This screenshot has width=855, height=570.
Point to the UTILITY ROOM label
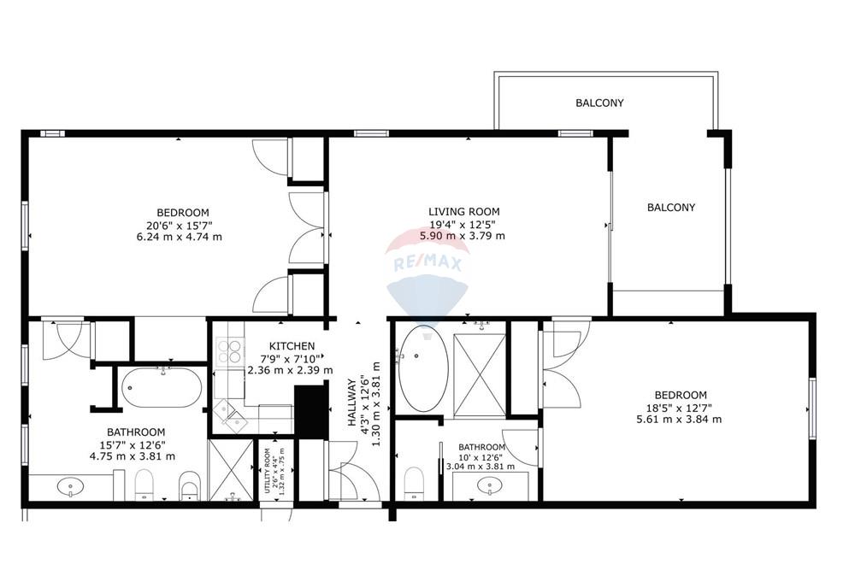(x=267, y=471)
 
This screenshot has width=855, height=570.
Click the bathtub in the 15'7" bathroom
(x=162, y=390)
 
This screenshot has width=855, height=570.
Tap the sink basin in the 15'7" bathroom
(x=70, y=487)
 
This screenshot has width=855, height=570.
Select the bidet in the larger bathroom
(x=189, y=490)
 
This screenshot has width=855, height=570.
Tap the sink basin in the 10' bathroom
(x=490, y=486)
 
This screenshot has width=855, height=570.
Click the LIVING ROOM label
(x=463, y=212)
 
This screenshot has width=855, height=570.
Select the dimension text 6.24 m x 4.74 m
(x=183, y=237)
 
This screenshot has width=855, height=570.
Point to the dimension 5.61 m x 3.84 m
(x=679, y=419)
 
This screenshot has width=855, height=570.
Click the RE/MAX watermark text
(x=427, y=264)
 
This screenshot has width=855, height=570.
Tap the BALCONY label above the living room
(x=599, y=103)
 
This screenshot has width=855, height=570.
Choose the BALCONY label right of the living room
(x=670, y=207)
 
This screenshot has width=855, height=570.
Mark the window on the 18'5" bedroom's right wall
(x=811, y=408)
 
